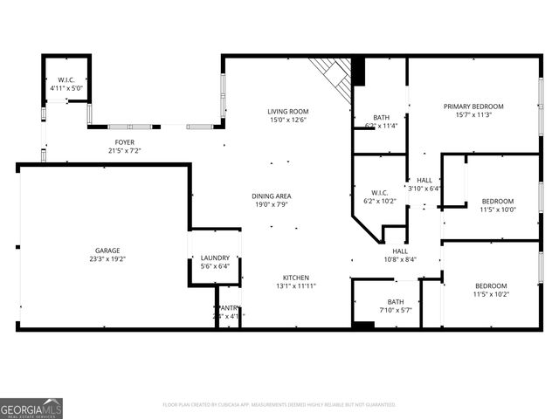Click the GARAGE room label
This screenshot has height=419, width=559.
[108, 251]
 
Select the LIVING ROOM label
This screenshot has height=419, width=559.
[287, 112]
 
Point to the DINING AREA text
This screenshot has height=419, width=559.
[273, 196]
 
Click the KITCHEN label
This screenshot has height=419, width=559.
[295, 278]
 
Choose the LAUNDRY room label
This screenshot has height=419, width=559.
[215, 258]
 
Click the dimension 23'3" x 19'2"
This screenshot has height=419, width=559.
[108, 259]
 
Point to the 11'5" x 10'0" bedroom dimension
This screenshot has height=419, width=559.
[498, 209]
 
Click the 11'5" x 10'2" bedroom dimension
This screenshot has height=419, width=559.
[491, 294]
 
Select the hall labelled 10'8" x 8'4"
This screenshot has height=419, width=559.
[399, 254]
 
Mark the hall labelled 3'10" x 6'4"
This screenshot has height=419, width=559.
[424, 184]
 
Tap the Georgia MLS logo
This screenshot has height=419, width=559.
[31, 408]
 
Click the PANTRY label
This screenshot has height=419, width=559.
[227, 312]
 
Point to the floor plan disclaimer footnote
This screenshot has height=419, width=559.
[279, 405]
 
